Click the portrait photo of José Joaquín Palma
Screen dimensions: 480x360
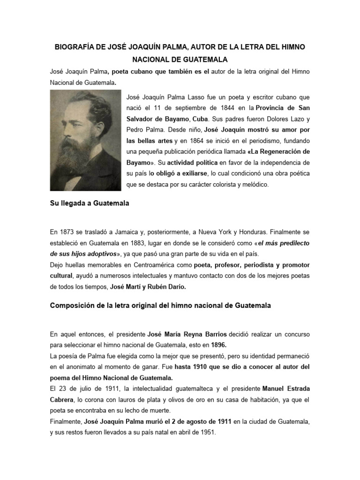(85, 140)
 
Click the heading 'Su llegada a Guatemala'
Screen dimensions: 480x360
(90, 204)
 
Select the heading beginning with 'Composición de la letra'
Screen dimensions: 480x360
(160, 306)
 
